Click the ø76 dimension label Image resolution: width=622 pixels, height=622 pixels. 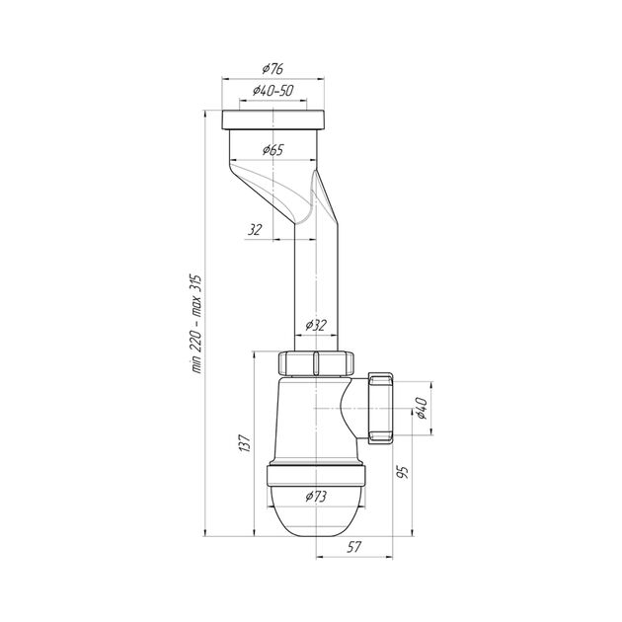[x=272, y=69]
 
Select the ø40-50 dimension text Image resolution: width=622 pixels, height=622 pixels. [x=273, y=91]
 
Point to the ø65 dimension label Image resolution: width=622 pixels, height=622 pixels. [x=273, y=149]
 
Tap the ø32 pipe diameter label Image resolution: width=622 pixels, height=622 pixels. [x=316, y=325]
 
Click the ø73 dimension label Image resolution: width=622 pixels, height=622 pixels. [x=316, y=497]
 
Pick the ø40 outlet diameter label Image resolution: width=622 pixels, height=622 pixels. [x=421, y=408]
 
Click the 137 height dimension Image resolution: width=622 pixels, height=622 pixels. [x=245, y=443]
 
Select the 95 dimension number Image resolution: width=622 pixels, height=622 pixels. [x=403, y=472]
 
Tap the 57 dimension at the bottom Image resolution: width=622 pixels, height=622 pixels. [x=353, y=547]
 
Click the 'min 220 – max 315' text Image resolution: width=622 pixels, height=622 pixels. [x=197, y=323]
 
